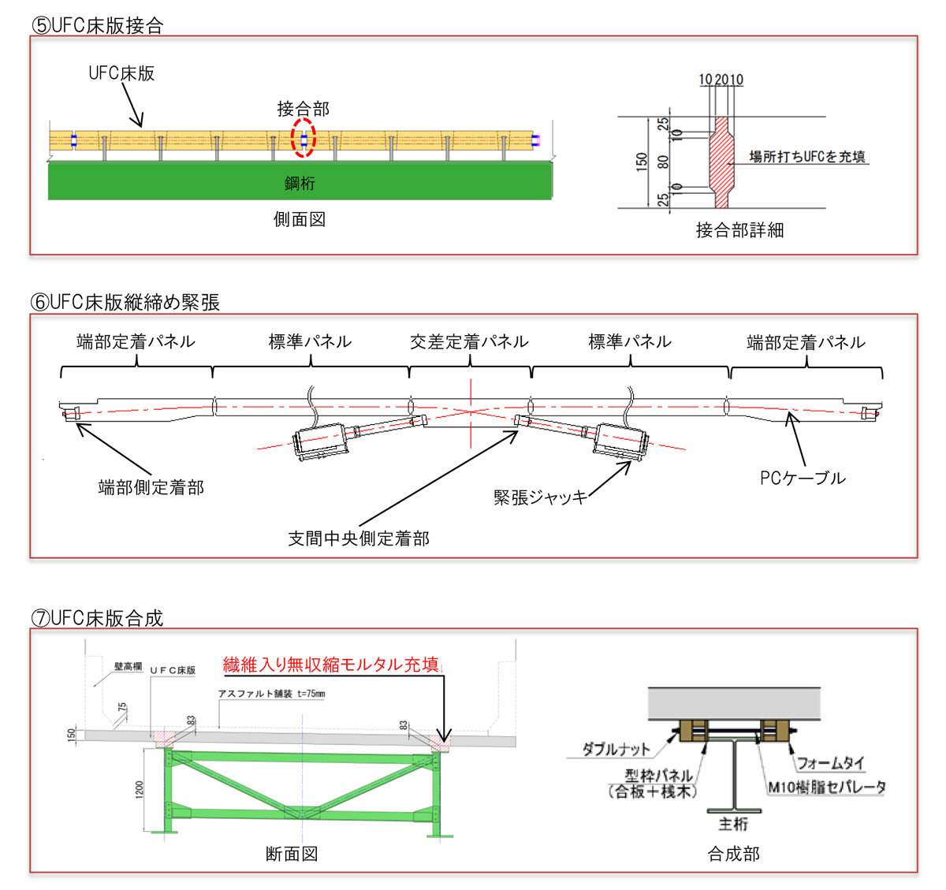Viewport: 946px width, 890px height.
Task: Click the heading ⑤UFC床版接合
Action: click(x=97, y=25)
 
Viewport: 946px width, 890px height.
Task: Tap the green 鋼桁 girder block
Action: click(x=300, y=182)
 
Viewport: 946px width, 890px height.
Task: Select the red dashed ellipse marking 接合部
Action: click(x=303, y=138)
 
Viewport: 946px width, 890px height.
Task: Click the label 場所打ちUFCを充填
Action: click(x=806, y=156)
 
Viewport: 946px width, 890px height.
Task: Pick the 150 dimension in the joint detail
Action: click(x=642, y=162)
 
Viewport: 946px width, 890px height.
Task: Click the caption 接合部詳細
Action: click(x=739, y=230)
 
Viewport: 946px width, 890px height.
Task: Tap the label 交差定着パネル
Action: click(x=469, y=341)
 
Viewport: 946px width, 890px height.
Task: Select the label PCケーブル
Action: click(x=803, y=478)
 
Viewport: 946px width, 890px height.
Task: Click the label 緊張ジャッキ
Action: click(x=540, y=497)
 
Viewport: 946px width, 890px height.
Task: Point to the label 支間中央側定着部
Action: click(x=359, y=538)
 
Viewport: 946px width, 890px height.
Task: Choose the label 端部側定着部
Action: click(x=151, y=487)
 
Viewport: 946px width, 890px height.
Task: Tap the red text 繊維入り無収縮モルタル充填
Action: click(x=330, y=665)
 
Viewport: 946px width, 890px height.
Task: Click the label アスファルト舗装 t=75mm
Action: click(x=271, y=694)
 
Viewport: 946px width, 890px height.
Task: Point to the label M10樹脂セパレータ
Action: click(x=827, y=787)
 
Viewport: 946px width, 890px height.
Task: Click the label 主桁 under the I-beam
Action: click(x=733, y=824)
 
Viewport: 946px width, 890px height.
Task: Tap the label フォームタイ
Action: click(x=830, y=762)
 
